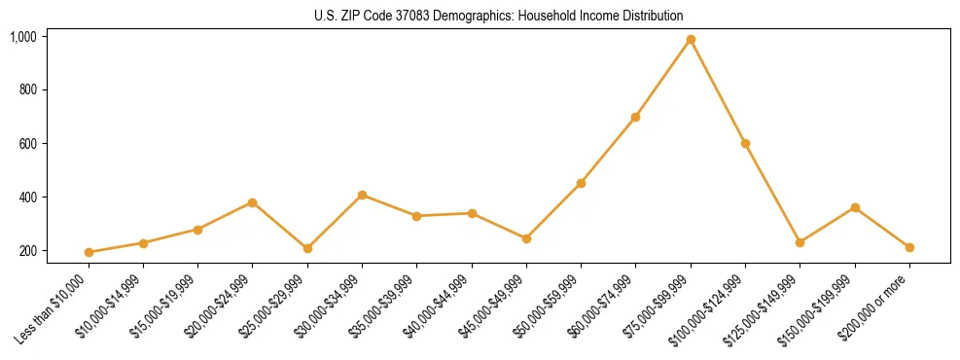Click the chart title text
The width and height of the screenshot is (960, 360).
click(x=499, y=16)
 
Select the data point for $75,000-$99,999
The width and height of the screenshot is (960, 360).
click(x=691, y=40)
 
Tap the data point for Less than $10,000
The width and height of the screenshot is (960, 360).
click(x=89, y=252)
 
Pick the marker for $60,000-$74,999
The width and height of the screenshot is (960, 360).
click(x=635, y=117)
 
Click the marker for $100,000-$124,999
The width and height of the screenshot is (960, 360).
click(x=745, y=143)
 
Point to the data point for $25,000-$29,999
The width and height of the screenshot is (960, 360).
click(x=307, y=248)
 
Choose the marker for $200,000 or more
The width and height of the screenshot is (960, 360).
click(x=909, y=247)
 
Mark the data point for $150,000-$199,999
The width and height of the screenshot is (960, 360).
click(x=855, y=207)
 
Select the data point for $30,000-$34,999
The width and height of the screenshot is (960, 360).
click(x=362, y=195)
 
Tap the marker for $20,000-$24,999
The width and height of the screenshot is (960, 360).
click(x=252, y=202)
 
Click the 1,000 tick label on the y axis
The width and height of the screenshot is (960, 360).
click(x=23, y=37)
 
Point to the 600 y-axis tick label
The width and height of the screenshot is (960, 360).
click(x=27, y=144)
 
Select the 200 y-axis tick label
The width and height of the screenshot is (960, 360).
click(x=27, y=251)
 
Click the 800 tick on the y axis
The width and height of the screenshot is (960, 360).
click(x=27, y=90)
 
